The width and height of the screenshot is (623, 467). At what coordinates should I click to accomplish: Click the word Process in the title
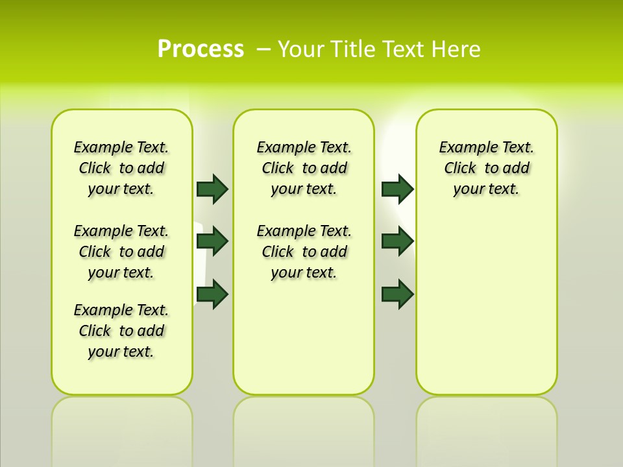[201, 49]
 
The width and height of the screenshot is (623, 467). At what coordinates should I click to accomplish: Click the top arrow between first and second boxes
[212, 189]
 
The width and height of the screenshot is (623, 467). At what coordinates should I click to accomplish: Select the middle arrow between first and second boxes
[212, 241]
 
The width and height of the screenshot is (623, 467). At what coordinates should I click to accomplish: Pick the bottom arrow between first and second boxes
[212, 294]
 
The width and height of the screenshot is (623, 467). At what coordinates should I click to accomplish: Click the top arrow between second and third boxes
[397, 189]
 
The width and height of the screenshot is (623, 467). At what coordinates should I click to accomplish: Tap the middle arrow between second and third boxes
[397, 241]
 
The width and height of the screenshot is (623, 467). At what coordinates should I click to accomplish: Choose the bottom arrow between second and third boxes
[397, 294]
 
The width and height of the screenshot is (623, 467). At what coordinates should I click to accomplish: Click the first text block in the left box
[121, 168]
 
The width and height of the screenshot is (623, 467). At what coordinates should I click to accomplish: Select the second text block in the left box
[121, 252]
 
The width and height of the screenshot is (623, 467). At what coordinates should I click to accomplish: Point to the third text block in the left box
[121, 331]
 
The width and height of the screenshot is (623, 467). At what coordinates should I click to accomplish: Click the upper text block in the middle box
[304, 168]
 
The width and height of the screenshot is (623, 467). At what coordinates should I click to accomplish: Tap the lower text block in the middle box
[304, 252]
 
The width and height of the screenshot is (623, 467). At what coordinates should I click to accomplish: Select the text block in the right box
[487, 168]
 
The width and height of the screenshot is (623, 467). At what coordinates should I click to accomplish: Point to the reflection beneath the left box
[122, 428]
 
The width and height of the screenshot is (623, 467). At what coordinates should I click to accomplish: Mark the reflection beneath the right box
[487, 428]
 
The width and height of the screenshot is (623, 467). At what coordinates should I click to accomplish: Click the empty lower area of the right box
[487, 311]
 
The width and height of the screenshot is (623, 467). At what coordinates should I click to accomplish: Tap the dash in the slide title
[263, 49]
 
